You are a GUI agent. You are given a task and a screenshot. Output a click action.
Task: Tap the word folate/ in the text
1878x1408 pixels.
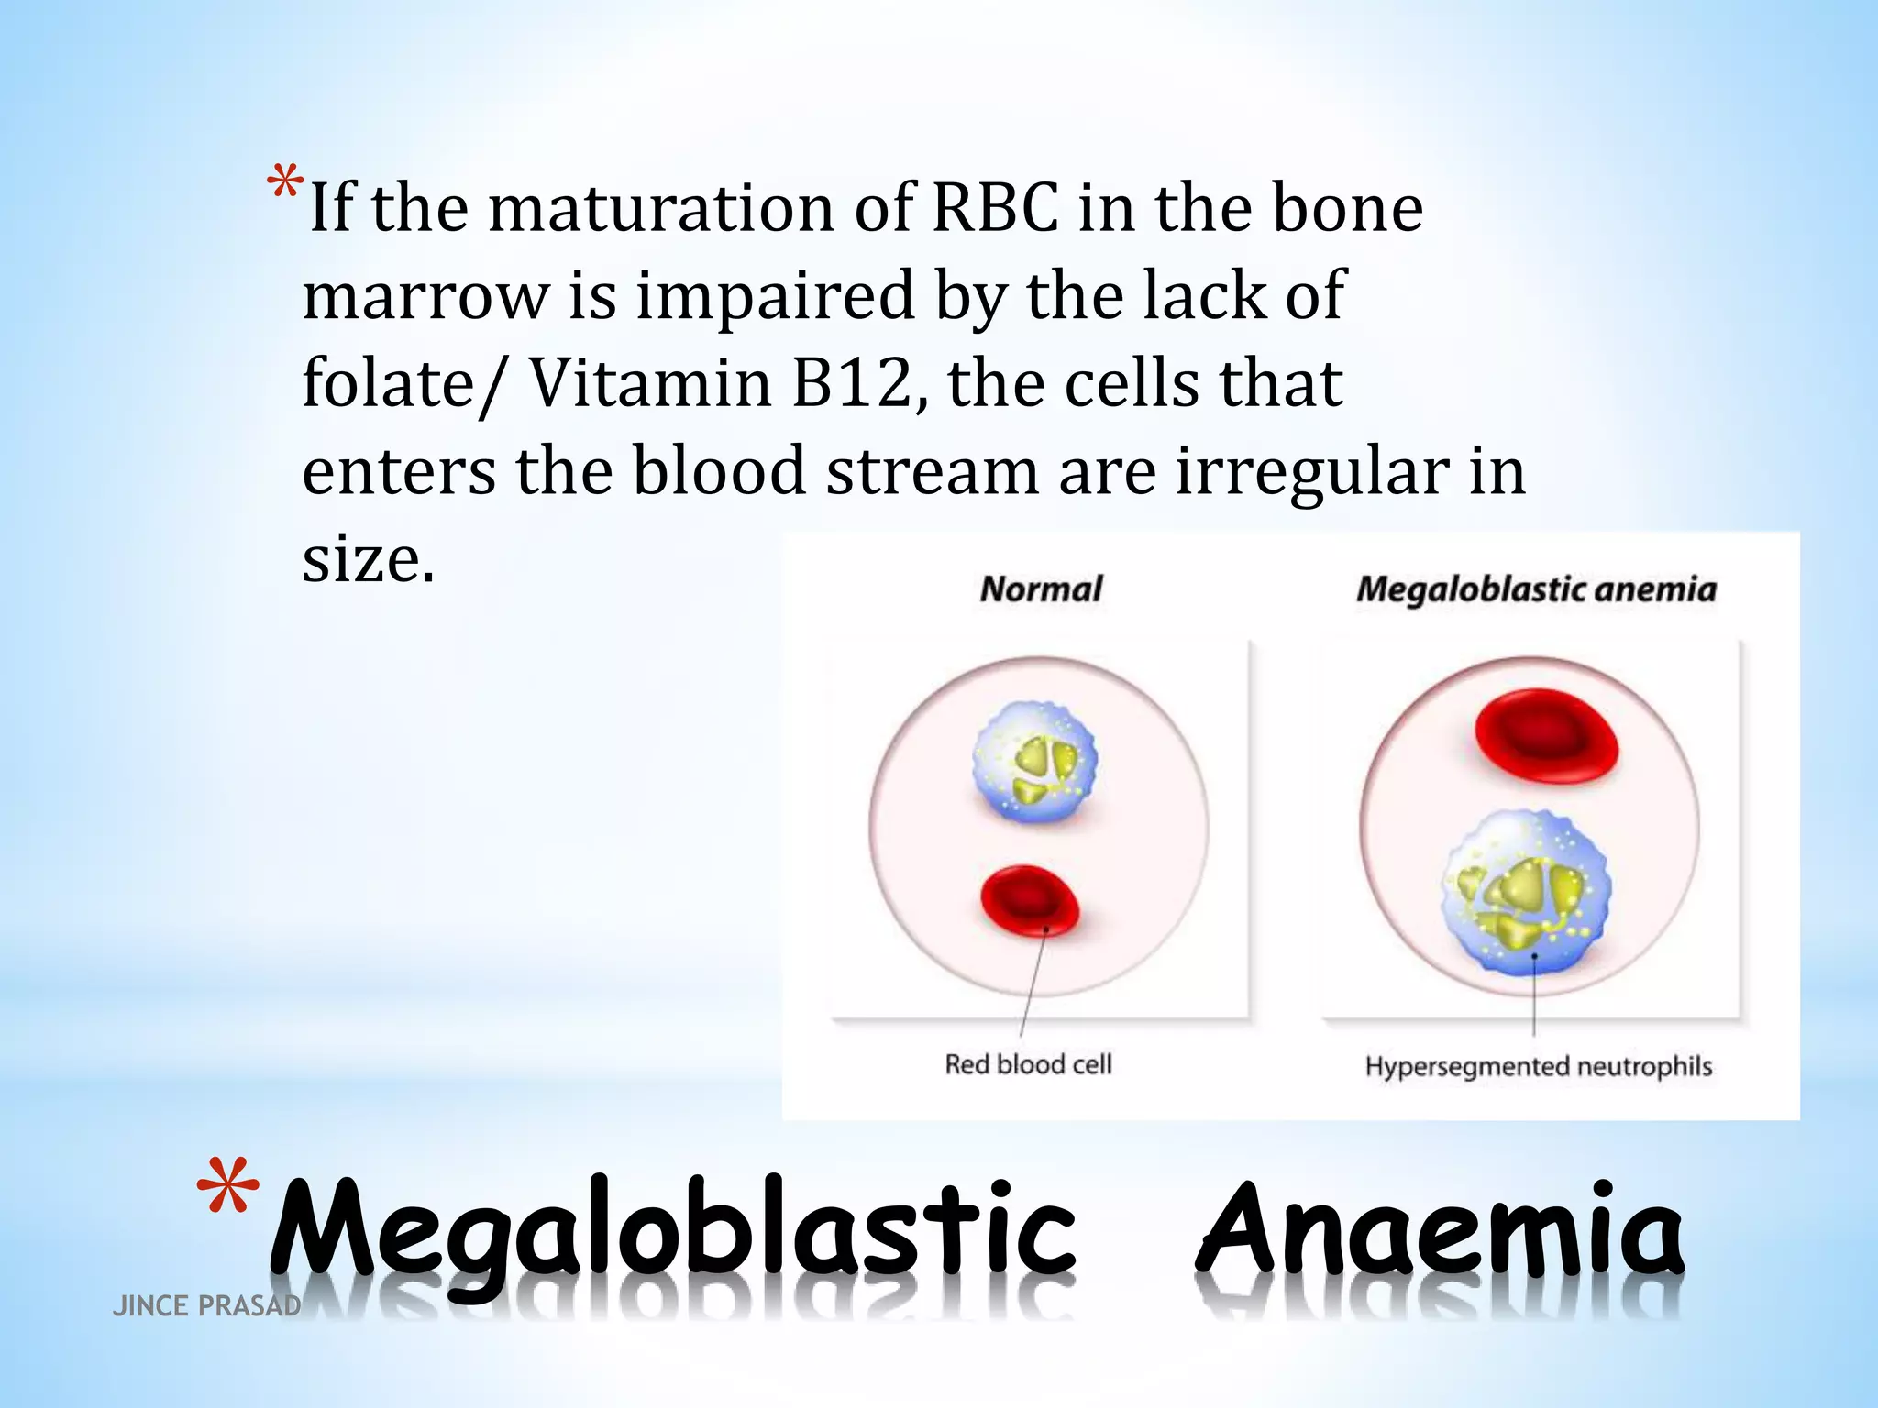coord(403,384)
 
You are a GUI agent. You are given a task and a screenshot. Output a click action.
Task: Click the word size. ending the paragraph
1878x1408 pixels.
coord(368,559)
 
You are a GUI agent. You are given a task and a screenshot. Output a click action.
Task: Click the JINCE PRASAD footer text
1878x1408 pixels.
coord(206,1305)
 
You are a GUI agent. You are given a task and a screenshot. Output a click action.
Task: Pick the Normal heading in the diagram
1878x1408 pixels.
coord(1041,588)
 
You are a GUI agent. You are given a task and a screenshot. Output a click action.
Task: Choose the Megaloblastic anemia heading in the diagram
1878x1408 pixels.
coord(1536,588)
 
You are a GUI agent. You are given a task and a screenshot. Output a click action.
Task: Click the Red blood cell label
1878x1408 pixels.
coord(1028,1064)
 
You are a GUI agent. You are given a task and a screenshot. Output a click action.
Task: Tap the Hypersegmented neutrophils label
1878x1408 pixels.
coord(1538,1066)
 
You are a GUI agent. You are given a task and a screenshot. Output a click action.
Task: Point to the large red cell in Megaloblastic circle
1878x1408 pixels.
coord(1546,736)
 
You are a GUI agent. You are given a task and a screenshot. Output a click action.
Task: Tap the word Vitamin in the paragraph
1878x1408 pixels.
coord(651,384)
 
